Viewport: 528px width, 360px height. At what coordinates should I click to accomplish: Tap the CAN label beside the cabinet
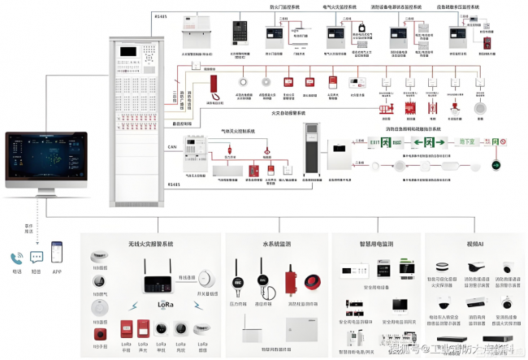click(172, 147)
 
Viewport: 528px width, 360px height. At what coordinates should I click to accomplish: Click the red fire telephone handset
click(214, 84)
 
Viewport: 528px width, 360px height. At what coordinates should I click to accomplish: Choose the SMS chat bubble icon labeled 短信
click(37, 257)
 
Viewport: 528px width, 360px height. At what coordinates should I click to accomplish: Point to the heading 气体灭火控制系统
click(238, 130)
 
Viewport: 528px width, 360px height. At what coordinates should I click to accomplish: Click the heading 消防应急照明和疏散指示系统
click(413, 128)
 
